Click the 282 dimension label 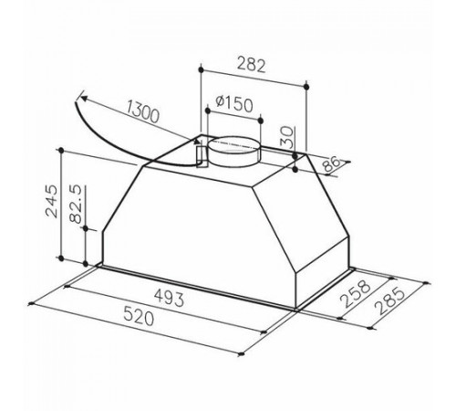pyautogui.click(x=251, y=65)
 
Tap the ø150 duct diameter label pyautogui.click(x=234, y=104)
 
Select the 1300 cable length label pyautogui.click(x=142, y=111)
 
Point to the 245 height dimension pyautogui.click(x=51, y=201)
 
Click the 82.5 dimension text pyautogui.click(x=76, y=204)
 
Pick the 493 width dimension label pyautogui.click(x=169, y=298)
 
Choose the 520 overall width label pyautogui.click(x=139, y=317)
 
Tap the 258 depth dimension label pyautogui.click(x=355, y=294)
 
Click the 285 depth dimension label pyautogui.click(x=390, y=301)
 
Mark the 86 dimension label pyautogui.click(x=331, y=163)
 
